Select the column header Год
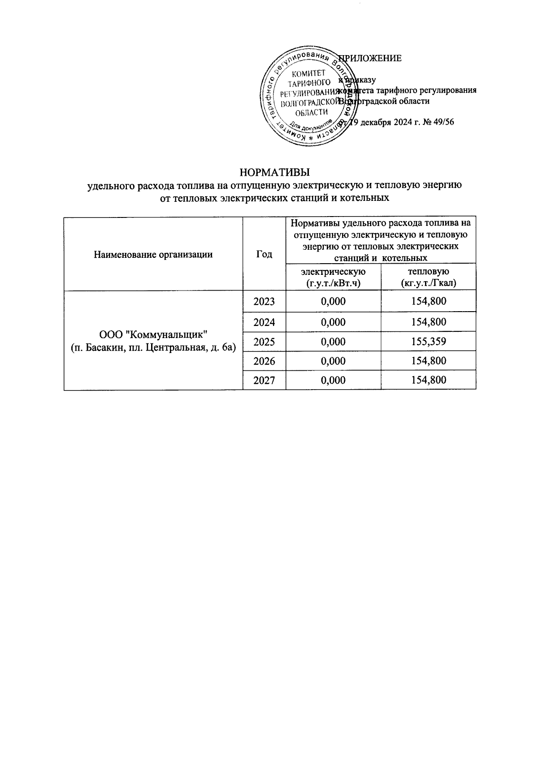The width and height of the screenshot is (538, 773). click(x=264, y=254)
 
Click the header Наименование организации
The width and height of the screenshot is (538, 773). click(x=153, y=254)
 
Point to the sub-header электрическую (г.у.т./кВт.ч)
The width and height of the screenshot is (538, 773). click(x=333, y=277)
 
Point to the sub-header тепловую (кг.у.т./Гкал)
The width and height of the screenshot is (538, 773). click(x=428, y=277)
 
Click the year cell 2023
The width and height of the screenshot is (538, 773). click(x=264, y=301)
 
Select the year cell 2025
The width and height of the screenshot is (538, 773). click(x=264, y=342)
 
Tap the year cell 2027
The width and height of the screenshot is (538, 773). click(x=264, y=380)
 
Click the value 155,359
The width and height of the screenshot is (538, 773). click(x=428, y=342)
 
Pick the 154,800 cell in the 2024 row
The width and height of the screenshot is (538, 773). click(x=428, y=322)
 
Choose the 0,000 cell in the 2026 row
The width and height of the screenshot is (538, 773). click(x=333, y=361)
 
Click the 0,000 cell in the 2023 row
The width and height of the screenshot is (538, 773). click(x=333, y=301)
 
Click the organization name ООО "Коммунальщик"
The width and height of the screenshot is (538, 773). click(x=153, y=334)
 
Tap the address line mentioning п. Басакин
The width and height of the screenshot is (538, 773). click(x=153, y=347)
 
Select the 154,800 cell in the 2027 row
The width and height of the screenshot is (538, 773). click(x=428, y=380)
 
